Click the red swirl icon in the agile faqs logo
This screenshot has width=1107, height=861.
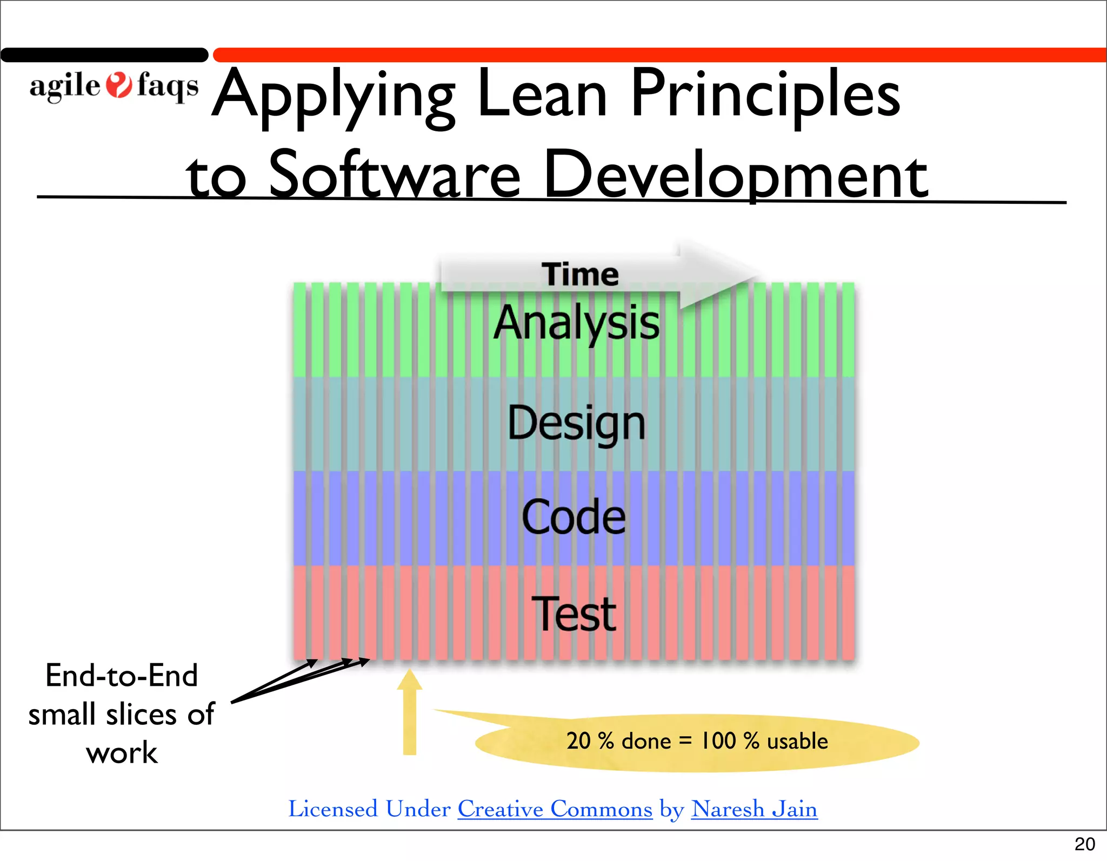[x=118, y=85]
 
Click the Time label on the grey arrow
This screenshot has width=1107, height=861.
[x=580, y=275]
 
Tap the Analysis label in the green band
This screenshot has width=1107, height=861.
[x=576, y=323]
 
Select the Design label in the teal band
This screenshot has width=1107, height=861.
[x=576, y=423]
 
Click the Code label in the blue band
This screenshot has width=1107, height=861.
[x=573, y=517]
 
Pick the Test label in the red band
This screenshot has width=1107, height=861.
[x=573, y=614]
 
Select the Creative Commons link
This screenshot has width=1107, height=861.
[x=555, y=809]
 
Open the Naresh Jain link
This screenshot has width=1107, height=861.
[x=754, y=809]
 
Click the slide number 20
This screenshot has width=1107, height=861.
[x=1084, y=844]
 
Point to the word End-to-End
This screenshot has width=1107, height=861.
[x=122, y=676]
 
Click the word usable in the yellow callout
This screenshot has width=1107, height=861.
[x=797, y=741]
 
